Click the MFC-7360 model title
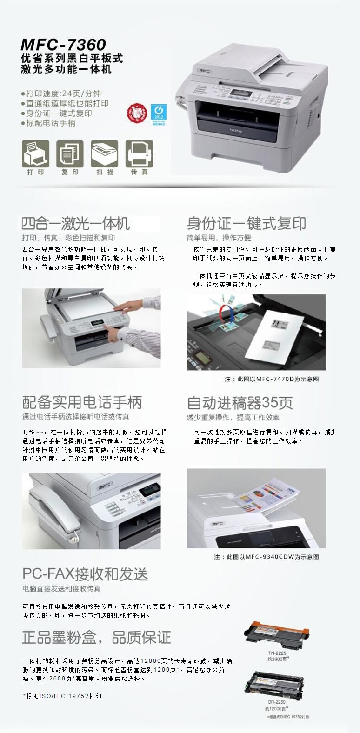[63, 45]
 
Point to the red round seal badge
[137, 113]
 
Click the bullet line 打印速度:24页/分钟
[63, 93]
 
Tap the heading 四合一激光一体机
[76, 224]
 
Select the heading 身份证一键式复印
[246, 224]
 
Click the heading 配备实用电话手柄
[82, 402]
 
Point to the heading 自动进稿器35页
[240, 402]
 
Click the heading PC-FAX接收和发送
[85, 574]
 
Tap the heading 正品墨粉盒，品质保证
[96, 637]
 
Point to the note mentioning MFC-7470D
[272, 379]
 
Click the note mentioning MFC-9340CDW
[266, 557]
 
